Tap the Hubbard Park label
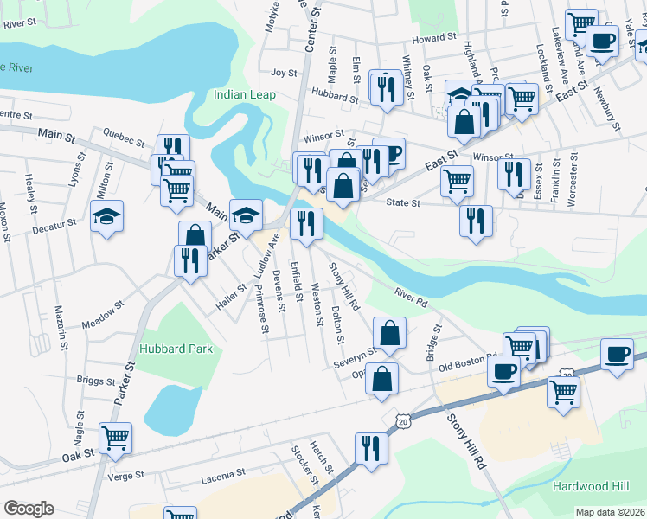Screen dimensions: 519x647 pos(174,348)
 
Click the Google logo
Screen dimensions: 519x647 pos(29,509)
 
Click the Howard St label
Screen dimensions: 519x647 pos(433,38)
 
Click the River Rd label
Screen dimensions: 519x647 pos(410,298)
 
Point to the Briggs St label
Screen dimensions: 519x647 pos(95,381)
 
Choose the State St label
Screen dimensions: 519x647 pos(402,203)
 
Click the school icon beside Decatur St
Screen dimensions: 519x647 pos(106,216)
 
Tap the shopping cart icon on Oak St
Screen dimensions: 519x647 pos(115,438)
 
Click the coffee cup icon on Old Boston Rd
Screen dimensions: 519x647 pos(503,372)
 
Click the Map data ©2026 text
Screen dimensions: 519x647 pos(611,512)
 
